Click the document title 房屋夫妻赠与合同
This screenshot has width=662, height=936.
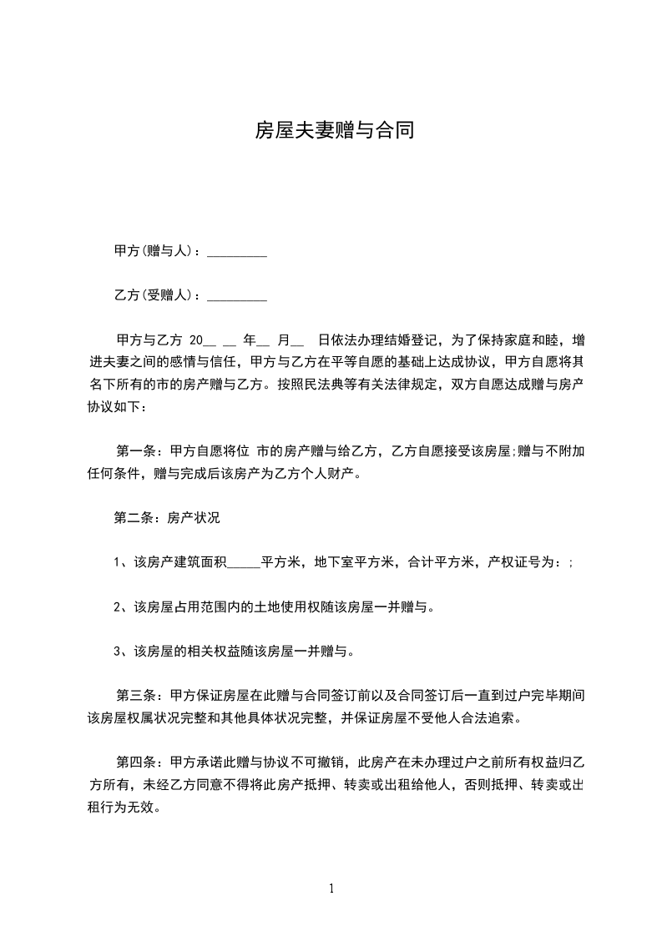(335, 131)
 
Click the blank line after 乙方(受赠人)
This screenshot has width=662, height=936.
(236, 296)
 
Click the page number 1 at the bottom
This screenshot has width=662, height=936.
(331, 888)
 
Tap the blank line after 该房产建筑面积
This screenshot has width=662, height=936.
(244, 562)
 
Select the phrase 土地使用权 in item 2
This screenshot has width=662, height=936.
(287, 606)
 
